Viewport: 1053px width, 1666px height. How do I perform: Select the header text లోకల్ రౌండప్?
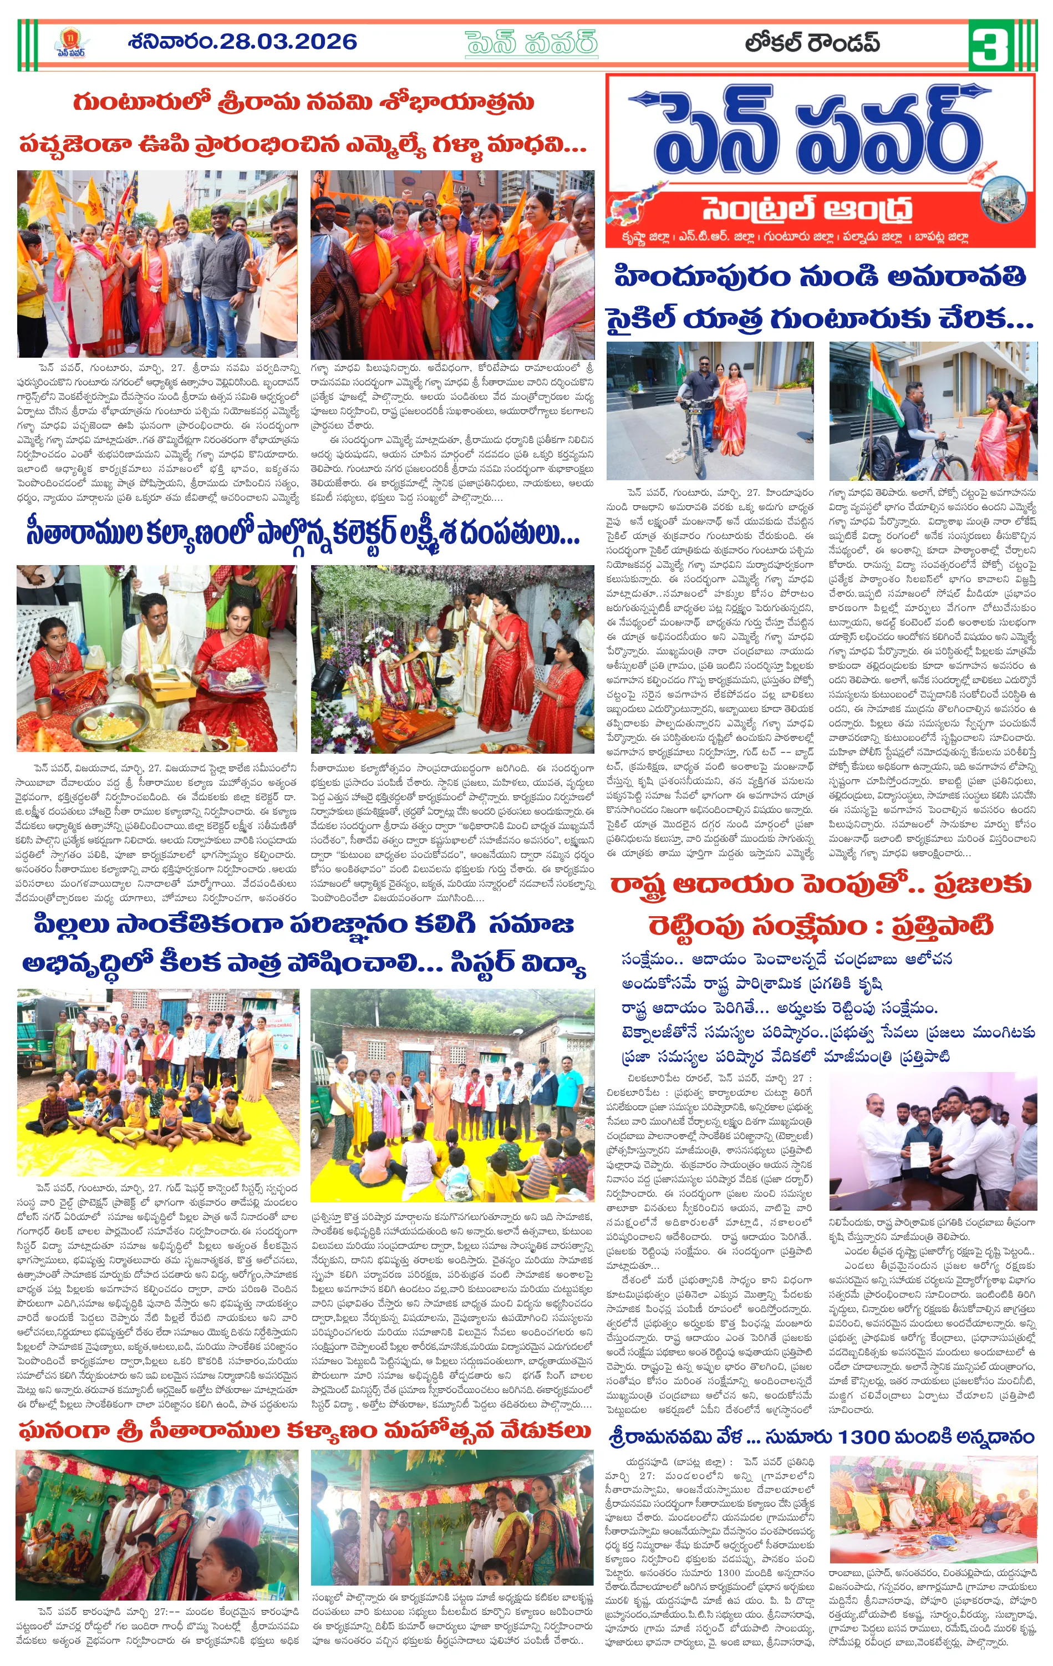pos(812,44)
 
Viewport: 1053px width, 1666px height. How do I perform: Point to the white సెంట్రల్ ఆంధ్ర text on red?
pos(807,207)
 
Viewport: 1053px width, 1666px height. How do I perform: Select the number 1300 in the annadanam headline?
pos(863,1438)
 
